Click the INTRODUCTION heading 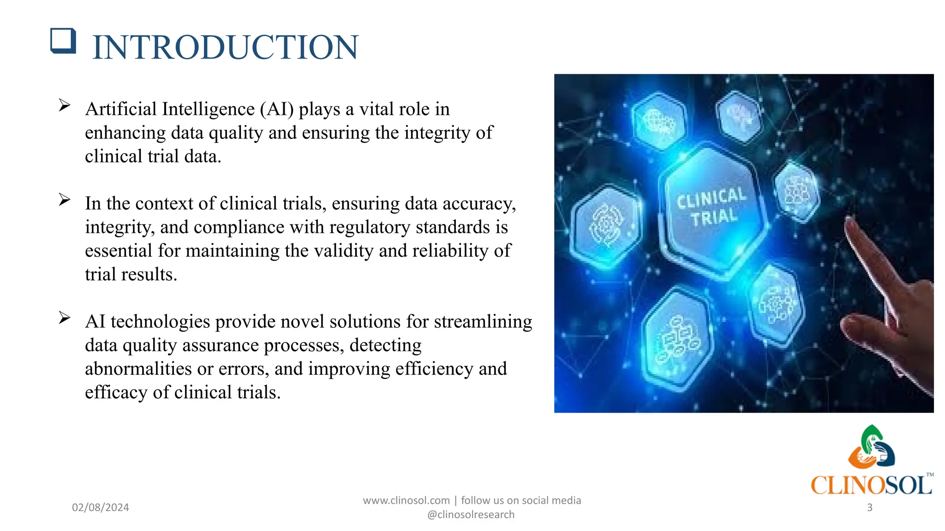click(225, 47)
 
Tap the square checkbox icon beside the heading click(63, 41)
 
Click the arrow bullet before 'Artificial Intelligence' click(65, 106)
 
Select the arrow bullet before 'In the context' click(65, 200)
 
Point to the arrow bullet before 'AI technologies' click(65, 318)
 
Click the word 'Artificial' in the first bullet click(121, 109)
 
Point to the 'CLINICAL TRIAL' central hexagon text click(712, 207)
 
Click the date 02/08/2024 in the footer click(100, 507)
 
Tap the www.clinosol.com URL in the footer click(406, 501)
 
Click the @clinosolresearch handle click(471, 515)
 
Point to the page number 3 click(869, 507)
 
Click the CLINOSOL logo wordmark click(871, 485)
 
